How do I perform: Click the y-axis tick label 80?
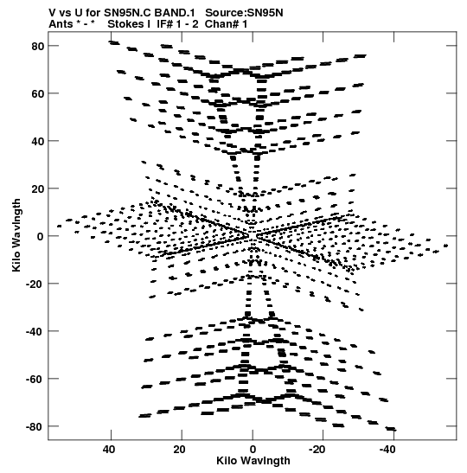click(38, 47)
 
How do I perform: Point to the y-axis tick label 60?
click(38, 93)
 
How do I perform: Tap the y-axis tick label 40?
click(38, 141)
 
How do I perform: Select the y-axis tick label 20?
click(38, 189)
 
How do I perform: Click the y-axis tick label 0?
click(41, 236)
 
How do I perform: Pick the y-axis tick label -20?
click(35, 284)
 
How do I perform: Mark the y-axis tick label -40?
click(35, 331)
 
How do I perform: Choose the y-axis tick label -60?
click(35, 380)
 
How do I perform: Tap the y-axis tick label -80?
click(35, 427)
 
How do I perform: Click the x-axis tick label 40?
click(109, 450)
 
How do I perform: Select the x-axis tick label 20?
click(180, 450)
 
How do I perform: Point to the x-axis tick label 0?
click(253, 450)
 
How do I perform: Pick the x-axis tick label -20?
click(317, 450)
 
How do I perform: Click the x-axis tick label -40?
click(387, 450)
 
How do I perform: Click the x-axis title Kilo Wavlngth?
click(253, 461)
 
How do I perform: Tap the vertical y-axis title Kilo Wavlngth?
click(16, 235)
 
